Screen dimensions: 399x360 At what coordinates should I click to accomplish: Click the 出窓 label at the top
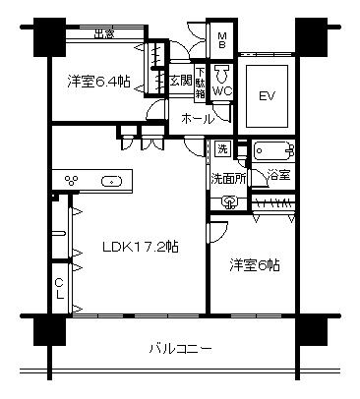tap(103, 35)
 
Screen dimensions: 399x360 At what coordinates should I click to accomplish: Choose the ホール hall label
tap(197, 118)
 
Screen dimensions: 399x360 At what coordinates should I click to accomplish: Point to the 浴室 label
tap(278, 175)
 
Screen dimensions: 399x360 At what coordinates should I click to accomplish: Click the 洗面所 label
tap(229, 179)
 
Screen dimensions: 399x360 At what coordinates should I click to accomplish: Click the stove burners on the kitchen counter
tap(73, 180)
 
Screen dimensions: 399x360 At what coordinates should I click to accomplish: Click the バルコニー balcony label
tap(181, 349)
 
